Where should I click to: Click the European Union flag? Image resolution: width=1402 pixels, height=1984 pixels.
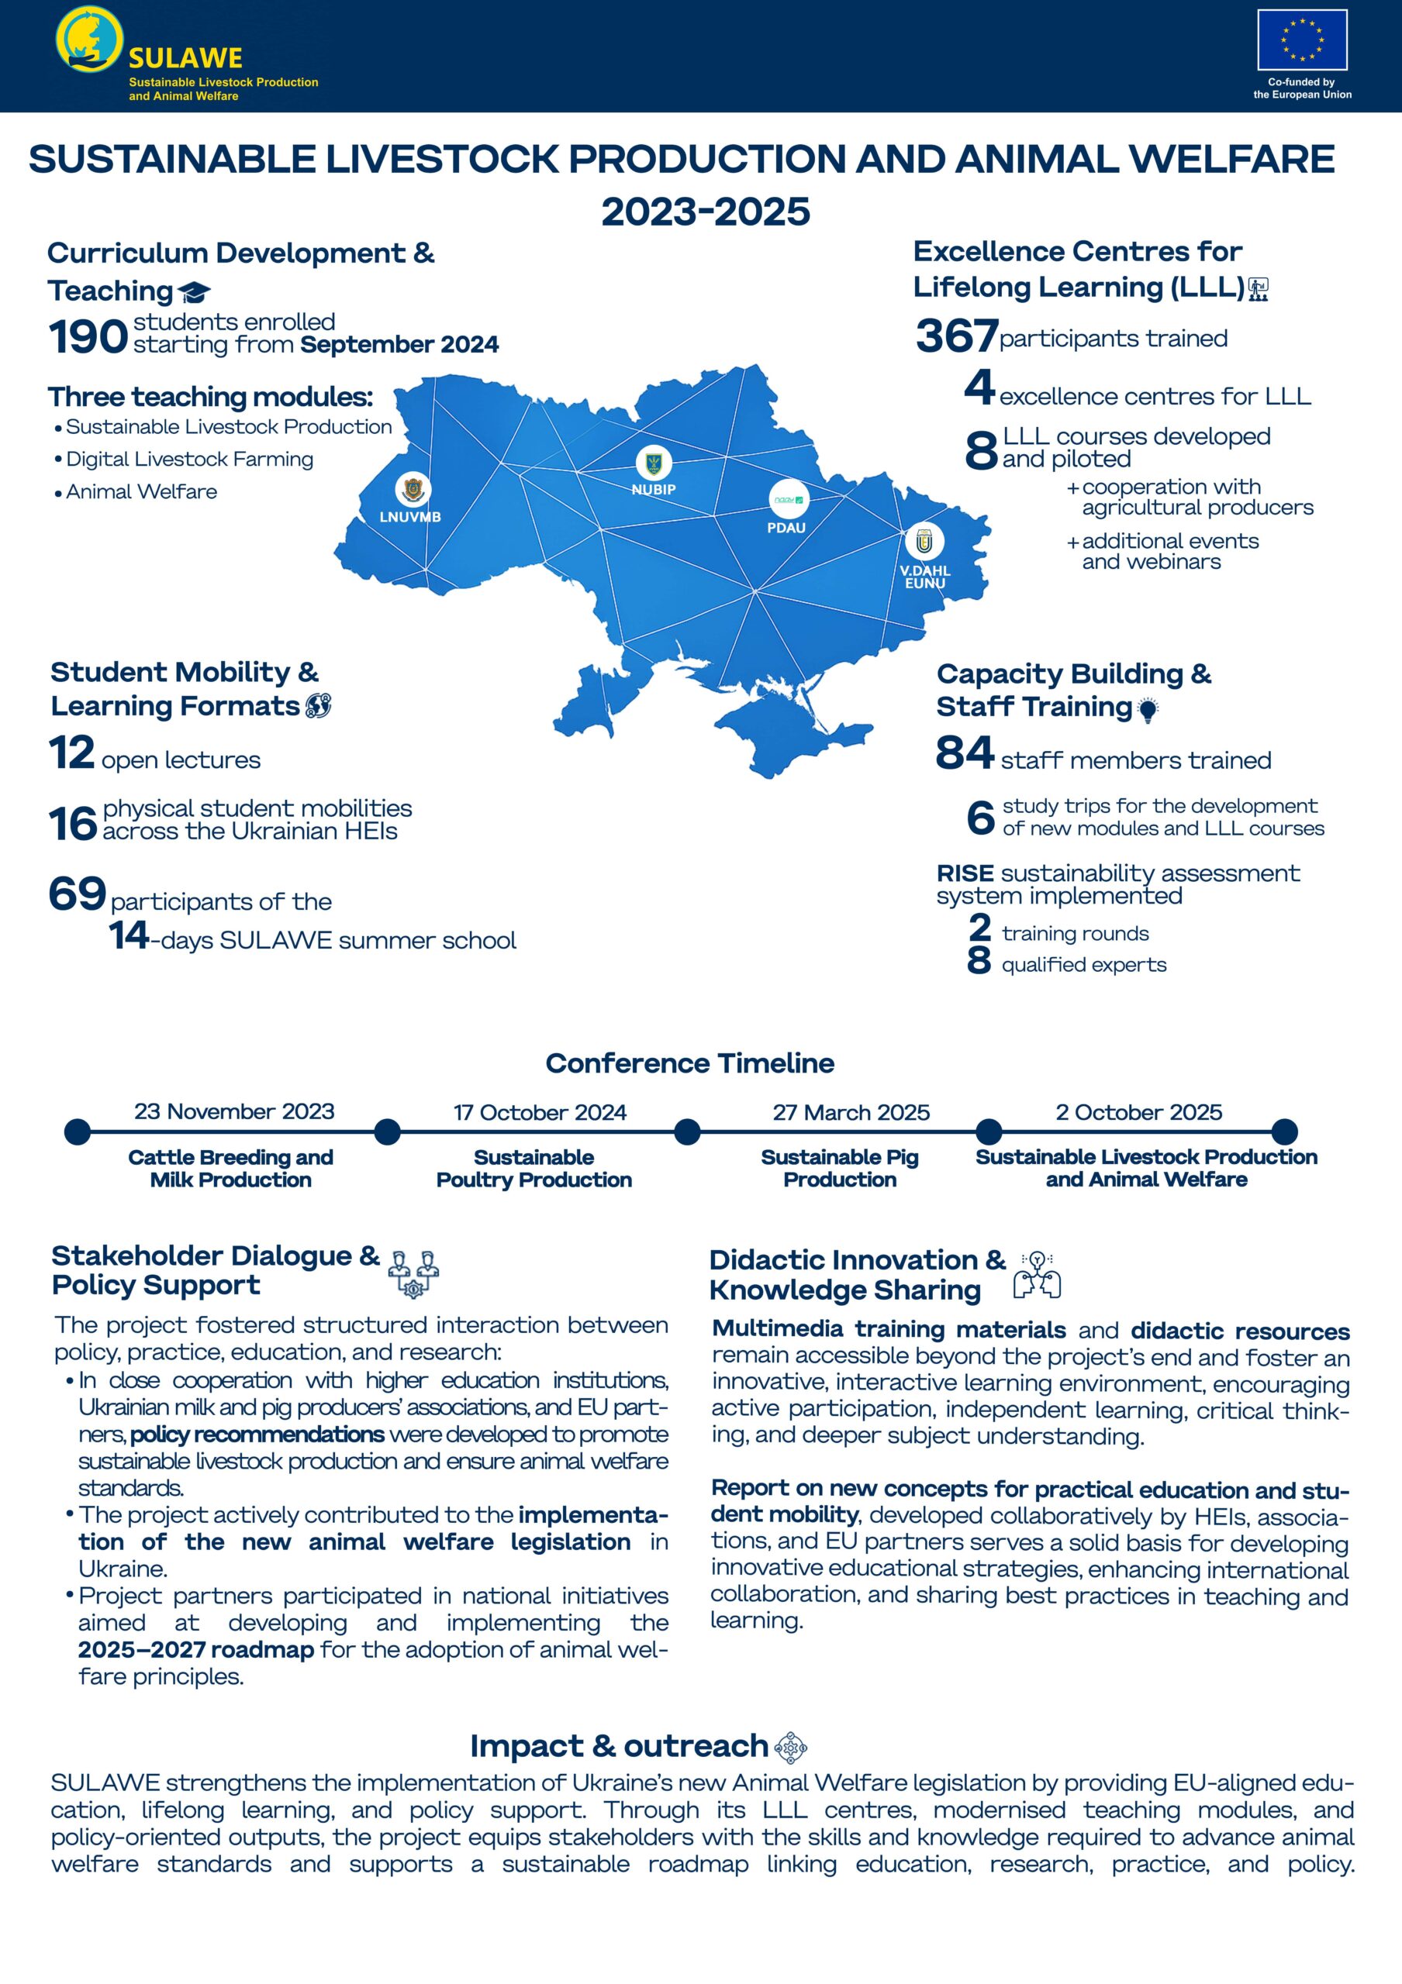pos(1302,40)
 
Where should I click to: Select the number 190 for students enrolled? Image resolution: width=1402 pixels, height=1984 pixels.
pos(88,337)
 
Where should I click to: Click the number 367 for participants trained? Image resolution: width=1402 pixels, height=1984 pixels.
pos(956,336)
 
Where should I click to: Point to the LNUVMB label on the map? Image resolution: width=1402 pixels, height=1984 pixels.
pos(410,517)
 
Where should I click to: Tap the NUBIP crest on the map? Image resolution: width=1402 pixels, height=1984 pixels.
pos(654,463)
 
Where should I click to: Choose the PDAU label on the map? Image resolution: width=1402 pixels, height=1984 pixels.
pos(786,527)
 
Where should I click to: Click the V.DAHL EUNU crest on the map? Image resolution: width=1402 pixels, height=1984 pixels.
pos(925,542)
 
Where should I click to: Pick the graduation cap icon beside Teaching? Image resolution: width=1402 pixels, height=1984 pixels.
pos(195,292)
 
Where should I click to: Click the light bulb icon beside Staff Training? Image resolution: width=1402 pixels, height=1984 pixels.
pos(1147,711)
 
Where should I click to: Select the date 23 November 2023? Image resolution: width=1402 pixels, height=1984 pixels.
pos(234,1111)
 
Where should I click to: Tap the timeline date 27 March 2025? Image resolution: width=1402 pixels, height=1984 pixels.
pos(851,1112)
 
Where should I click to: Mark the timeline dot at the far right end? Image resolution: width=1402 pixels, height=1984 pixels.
pos(1284,1131)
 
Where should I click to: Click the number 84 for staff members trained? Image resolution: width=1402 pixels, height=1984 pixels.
pos(964,753)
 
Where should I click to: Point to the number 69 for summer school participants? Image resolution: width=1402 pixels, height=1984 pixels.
pos(78,894)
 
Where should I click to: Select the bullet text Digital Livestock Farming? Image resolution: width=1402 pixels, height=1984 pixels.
pos(189,459)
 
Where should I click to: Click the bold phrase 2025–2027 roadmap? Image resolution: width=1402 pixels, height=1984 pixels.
pos(196,1650)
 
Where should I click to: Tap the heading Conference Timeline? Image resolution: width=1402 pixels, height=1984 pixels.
pos(690,1063)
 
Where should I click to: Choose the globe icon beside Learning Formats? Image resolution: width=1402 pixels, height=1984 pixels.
pos(318,706)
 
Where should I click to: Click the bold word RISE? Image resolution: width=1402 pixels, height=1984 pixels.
pos(965,873)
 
